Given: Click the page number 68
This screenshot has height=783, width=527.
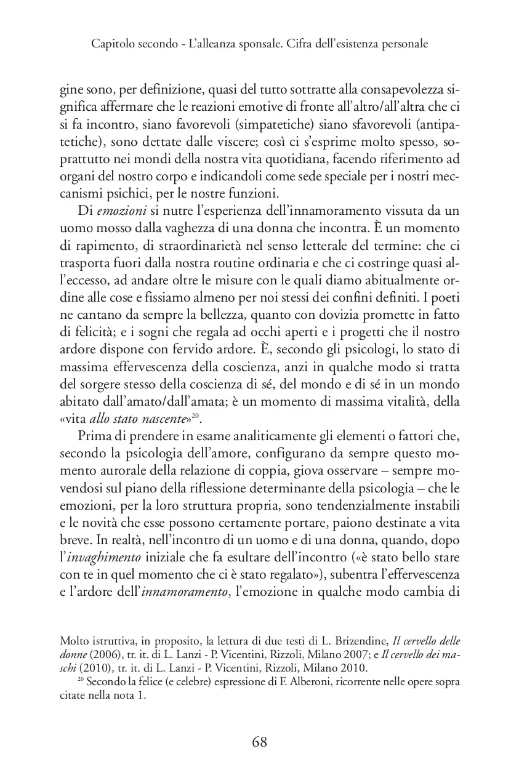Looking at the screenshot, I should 260,742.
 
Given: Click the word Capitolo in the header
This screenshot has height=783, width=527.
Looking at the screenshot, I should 111,44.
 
